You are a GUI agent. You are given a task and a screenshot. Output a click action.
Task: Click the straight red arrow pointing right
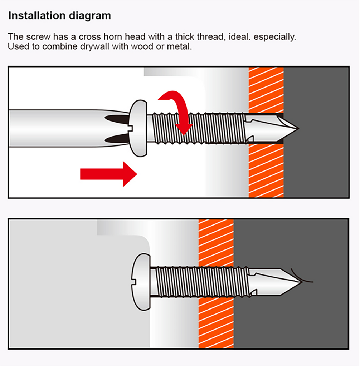tap(108, 174)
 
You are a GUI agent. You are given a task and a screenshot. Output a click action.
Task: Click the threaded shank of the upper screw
tap(199, 128)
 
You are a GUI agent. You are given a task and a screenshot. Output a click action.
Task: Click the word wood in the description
tap(142, 46)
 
